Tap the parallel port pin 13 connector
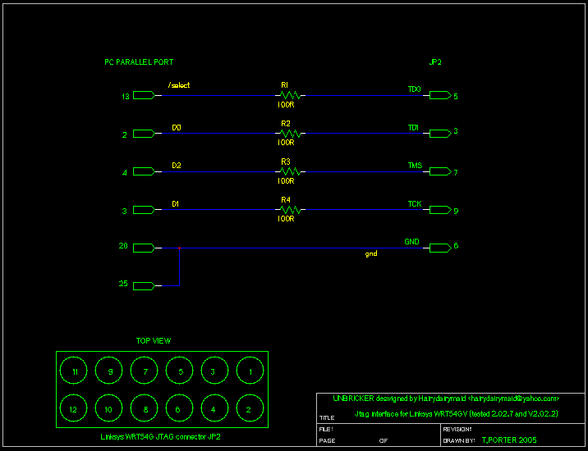144,96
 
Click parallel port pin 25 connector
144,286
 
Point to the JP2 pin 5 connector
439,96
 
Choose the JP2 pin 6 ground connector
439,247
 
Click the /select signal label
179,85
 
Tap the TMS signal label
415,166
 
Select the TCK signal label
415,203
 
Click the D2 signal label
177,166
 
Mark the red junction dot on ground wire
180,248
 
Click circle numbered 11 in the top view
74,371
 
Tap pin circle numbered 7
145,371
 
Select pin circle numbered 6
179,408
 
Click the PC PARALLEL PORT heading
139,62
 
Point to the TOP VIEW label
154,340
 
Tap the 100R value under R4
286,219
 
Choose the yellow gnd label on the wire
372,254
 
